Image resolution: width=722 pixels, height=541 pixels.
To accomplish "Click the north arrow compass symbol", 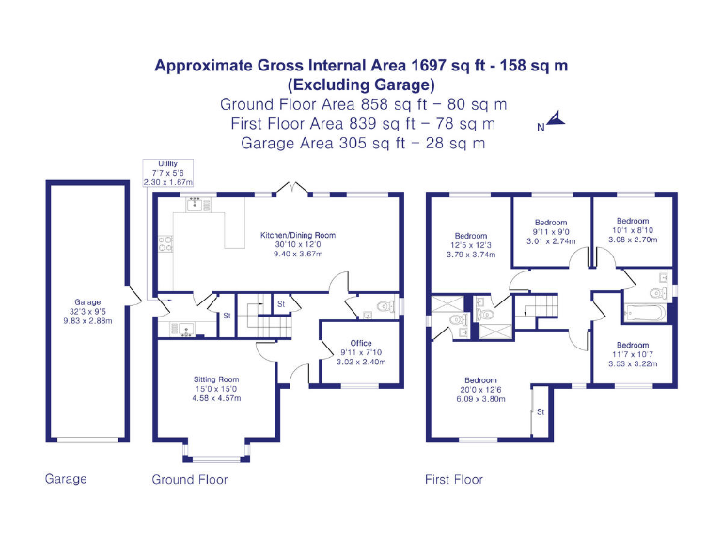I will pos(554,119).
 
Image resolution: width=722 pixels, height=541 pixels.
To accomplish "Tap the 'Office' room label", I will pos(361,343).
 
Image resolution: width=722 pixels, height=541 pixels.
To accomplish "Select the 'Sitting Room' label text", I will pos(215,379).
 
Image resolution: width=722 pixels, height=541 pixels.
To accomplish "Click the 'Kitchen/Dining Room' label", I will pos(297,235).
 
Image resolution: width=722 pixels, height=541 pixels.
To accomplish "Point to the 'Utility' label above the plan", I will pos(167,163).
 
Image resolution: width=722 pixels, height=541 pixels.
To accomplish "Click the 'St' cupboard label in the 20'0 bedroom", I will pos(540,411).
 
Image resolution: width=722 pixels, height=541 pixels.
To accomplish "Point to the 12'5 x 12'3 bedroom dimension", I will pos(470,245).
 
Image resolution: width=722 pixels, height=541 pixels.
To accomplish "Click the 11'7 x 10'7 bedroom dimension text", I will pos(633,354).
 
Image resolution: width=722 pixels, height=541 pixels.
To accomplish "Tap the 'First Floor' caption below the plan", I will pos(454,479).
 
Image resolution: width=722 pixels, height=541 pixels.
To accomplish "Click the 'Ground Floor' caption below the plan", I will pos(190,479).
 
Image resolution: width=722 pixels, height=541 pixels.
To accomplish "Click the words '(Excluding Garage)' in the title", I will pos(361,85).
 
